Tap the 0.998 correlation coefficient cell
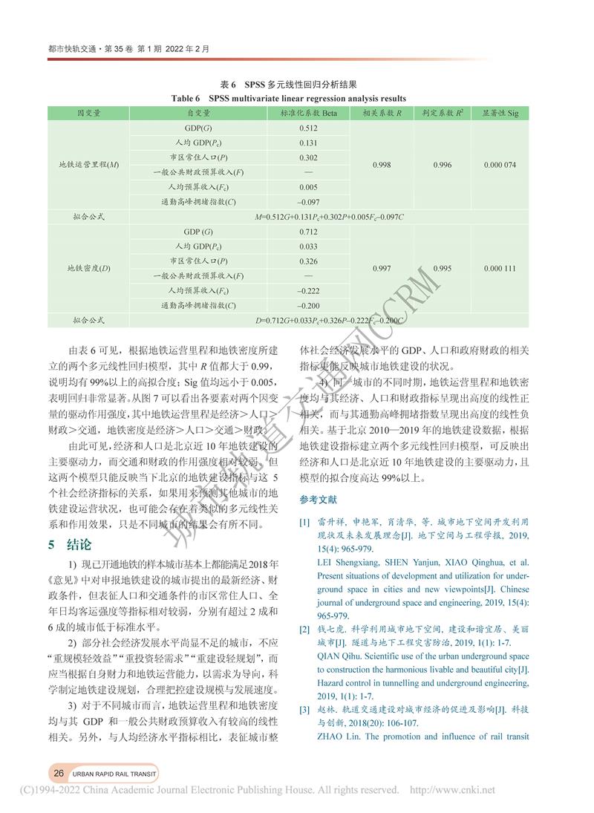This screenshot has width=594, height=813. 382,165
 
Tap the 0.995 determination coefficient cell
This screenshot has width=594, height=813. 442,268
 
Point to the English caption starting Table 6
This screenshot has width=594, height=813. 289,98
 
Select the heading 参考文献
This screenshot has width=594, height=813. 319,498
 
